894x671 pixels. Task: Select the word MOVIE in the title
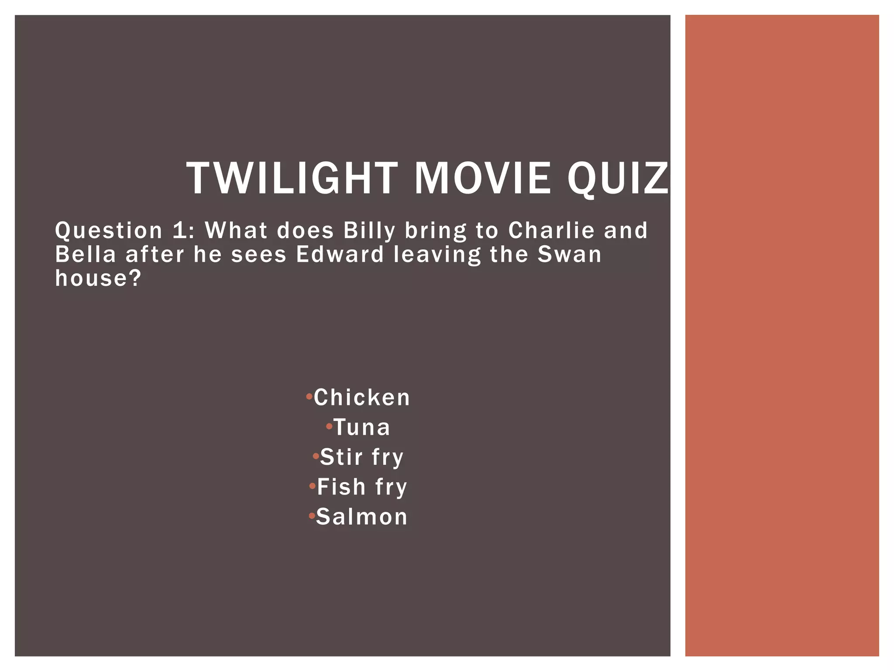point(482,178)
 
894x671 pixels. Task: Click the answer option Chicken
point(362,398)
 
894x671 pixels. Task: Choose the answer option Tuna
point(362,427)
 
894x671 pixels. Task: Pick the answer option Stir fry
point(362,457)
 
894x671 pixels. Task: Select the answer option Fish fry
point(362,487)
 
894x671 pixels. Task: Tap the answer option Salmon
point(362,517)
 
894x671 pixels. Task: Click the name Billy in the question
point(369,231)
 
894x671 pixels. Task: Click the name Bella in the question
point(86,254)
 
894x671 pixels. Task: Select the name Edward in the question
point(340,254)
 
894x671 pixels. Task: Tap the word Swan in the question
point(569,254)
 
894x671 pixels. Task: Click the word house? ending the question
point(99,278)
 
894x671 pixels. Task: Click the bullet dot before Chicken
point(309,397)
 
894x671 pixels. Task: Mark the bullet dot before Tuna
point(329,426)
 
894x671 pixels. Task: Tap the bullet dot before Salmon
point(312,516)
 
